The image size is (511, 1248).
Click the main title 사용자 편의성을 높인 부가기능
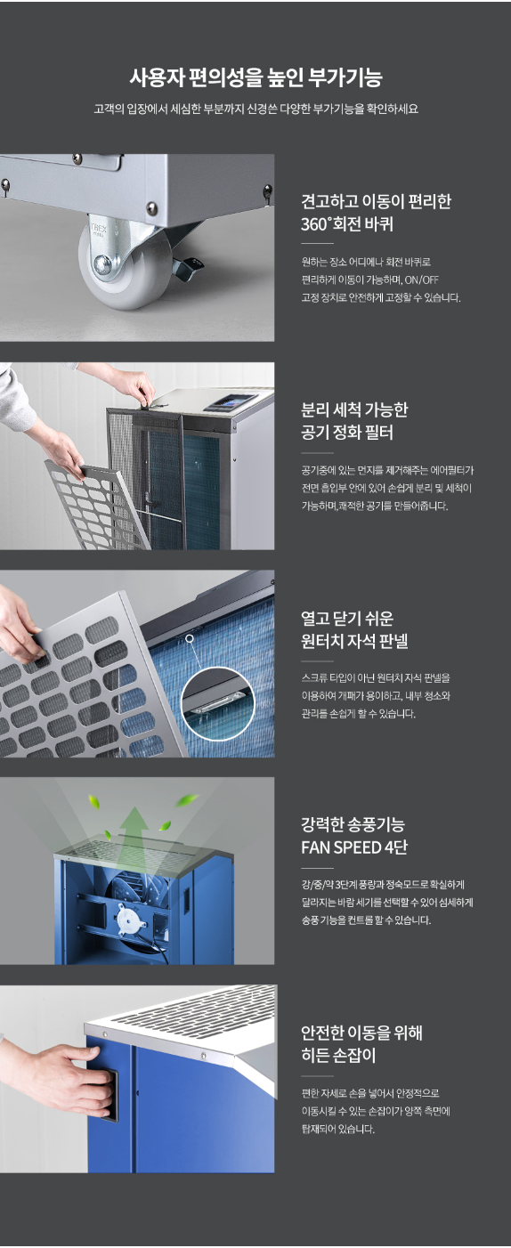[x=255, y=77]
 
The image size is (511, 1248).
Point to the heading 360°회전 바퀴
[x=347, y=224]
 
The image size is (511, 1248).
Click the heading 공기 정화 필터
[x=347, y=433]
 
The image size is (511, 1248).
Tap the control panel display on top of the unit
[x=231, y=402]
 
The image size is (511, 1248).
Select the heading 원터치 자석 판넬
[x=354, y=641]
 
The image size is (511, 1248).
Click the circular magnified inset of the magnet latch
[x=217, y=703]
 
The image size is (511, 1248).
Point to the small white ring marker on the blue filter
[x=190, y=638]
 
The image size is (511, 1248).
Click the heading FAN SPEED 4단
[x=353, y=847]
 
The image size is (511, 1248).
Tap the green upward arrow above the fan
[x=134, y=824]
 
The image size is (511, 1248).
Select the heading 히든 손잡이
[x=339, y=1055]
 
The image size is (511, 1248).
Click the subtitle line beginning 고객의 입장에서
[x=255, y=109]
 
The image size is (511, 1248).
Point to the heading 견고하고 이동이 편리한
[x=377, y=201]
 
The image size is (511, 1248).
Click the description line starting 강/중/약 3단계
[x=383, y=884]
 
